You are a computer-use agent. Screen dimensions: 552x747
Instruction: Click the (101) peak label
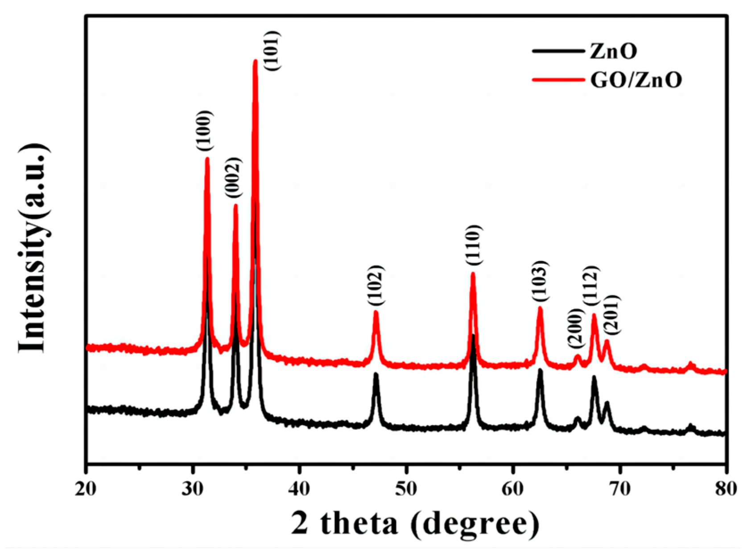[272, 50]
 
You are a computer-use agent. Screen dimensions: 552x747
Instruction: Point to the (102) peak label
[376, 285]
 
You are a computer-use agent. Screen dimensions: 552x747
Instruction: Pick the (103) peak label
[540, 281]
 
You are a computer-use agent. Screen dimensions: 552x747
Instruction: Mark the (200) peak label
[575, 329]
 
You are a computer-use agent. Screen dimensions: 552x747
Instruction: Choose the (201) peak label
[612, 314]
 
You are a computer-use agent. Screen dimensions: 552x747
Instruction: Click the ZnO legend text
[613, 52]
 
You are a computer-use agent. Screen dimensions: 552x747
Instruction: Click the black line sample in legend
[558, 51]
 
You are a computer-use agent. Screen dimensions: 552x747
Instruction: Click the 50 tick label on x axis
[406, 489]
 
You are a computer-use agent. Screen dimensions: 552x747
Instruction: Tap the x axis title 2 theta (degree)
[415, 523]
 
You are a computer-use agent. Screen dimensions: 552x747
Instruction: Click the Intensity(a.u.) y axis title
[33, 248]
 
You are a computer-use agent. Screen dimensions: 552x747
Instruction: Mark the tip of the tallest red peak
[256, 61]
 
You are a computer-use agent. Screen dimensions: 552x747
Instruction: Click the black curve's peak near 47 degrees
[376, 374]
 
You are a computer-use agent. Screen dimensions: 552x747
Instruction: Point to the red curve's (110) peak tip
[473, 274]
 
